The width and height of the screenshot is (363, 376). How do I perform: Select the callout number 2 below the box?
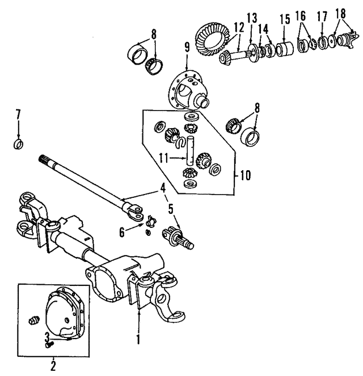[53, 363]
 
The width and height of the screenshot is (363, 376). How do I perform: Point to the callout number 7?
[18, 115]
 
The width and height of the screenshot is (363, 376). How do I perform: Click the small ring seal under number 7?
[18, 143]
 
